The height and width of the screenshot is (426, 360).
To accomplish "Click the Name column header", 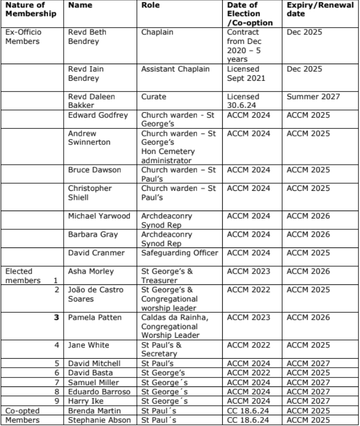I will (x=80, y=5).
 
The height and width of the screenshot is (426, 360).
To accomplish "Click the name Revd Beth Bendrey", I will (x=87, y=37).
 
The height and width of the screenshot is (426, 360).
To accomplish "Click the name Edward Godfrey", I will (x=98, y=115).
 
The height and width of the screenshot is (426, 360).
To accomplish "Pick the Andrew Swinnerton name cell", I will (x=88, y=138).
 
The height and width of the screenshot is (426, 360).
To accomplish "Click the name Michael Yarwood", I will (x=100, y=216).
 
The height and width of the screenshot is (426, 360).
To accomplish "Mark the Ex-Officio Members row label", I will (x=23, y=37).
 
